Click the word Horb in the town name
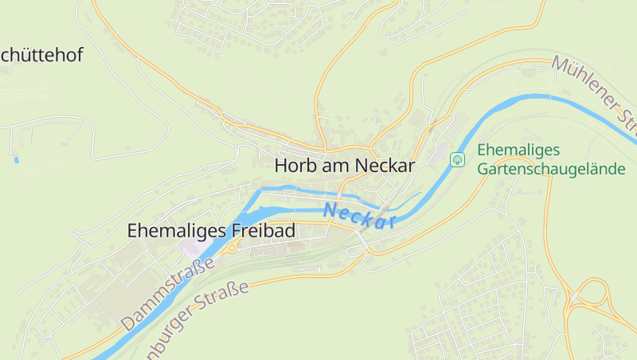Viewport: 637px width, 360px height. (295, 166)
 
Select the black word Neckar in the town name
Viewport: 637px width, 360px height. (385, 166)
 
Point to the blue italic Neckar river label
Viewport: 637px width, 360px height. (360, 215)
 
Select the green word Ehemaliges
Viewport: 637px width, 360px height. (519, 150)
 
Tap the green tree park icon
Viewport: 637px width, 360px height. (458, 159)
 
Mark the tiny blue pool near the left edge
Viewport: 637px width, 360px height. (16, 160)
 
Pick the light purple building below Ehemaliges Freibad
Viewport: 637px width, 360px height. (191, 248)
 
